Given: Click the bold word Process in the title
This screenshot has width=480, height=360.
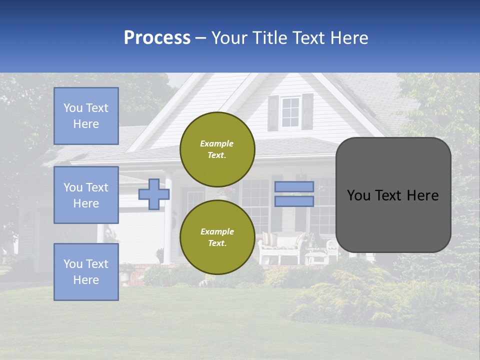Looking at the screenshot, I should [x=157, y=38].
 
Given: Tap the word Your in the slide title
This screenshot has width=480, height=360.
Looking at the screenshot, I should [x=229, y=38].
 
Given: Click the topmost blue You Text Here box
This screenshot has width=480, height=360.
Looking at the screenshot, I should [x=86, y=116].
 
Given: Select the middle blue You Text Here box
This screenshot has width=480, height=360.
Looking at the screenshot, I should [x=86, y=195].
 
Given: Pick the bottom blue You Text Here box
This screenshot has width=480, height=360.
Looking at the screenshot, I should [x=86, y=272].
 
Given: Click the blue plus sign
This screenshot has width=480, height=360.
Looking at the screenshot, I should [x=153, y=194].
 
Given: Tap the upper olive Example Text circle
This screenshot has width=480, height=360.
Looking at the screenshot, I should [x=217, y=149].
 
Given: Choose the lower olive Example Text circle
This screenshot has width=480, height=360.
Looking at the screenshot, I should [x=217, y=237].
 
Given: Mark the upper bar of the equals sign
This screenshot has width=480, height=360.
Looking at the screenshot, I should [x=294, y=186].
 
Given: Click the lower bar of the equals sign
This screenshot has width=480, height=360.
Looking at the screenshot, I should [x=294, y=201].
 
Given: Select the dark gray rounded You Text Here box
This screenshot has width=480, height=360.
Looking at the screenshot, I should [x=393, y=195].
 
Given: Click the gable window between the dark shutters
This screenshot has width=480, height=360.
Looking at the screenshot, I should [x=290, y=112].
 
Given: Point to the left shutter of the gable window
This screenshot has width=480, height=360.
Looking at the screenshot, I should [x=273, y=113].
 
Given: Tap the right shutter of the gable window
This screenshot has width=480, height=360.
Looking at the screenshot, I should [x=307, y=111].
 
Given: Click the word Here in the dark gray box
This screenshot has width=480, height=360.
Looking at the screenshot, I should [x=420, y=195].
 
